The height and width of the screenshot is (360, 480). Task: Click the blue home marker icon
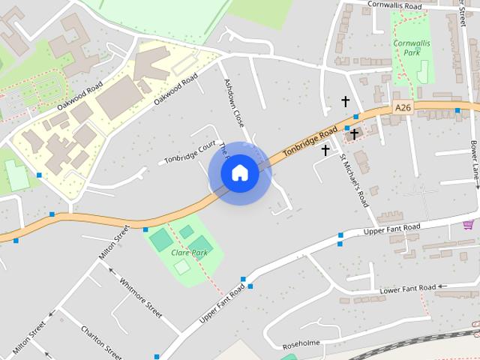pos(239,172)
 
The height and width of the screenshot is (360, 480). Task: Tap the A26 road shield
pos(403,108)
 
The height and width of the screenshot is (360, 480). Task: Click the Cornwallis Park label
pos(411,48)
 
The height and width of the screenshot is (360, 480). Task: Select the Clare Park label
pos(189,253)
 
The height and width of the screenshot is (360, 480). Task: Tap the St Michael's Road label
pos(353,181)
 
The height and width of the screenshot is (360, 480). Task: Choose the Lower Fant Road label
pos(407,289)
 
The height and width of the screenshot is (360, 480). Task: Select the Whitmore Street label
pos(140,298)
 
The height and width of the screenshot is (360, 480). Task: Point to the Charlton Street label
pos(101,342)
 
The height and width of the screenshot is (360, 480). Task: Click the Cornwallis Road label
pos(395,5)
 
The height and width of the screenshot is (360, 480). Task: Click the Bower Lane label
pos(474,158)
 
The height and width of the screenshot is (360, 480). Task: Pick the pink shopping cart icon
pos(468,224)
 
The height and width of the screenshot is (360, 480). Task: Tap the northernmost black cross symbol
pos(346,100)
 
